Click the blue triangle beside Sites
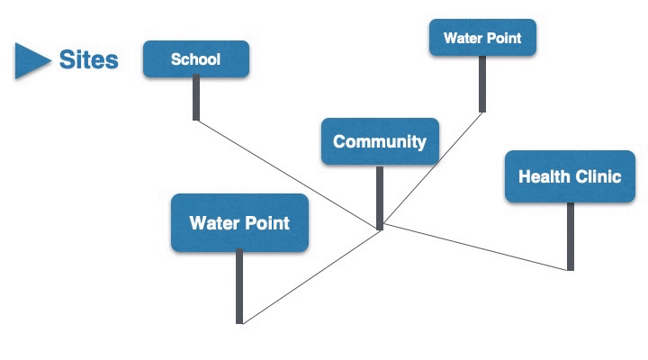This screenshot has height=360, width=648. [31, 60]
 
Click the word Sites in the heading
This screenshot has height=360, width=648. [88, 60]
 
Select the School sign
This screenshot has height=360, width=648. [195, 59]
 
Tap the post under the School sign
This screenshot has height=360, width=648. [196, 97]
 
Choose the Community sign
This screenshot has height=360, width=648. [380, 141]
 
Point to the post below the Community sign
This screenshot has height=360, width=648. [380, 196]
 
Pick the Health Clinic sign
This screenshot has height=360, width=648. [570, 176]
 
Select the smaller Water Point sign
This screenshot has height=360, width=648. [482, 39]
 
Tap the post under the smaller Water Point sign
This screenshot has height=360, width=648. [482, 84]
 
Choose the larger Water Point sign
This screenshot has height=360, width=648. [239, 222]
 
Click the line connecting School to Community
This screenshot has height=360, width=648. [288, 174]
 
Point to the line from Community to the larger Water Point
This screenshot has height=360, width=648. [310, 275]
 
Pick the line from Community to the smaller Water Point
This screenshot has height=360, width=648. [432, 169]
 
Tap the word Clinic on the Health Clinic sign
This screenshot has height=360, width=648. [597, 176]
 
